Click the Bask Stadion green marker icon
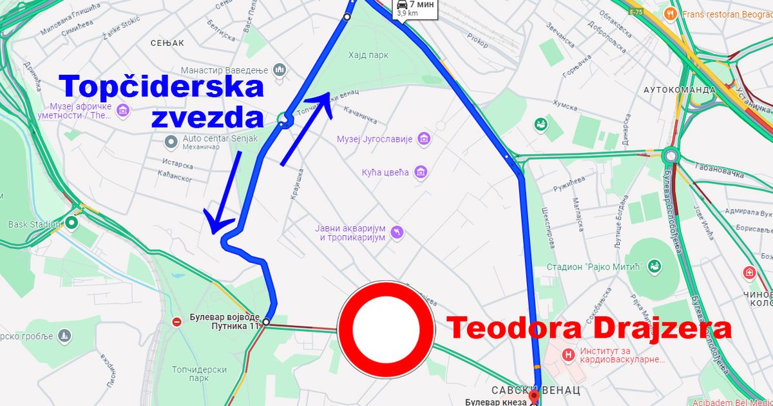tap(72, 224)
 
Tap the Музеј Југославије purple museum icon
tap(424, 139)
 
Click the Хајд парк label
tap(368, 55)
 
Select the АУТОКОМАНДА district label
tap(679, 90)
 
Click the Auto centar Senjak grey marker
tap(170, 140)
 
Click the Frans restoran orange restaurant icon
tap(671, 13)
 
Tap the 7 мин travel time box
tap(415, 8)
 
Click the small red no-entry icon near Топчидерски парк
tap(177, 322)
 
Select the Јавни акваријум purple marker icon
tap(397, 232)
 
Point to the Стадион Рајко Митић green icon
tap(655, 266)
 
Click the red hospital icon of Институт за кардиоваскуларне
tap(568, 354)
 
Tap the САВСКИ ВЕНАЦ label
tap(536, 390)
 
